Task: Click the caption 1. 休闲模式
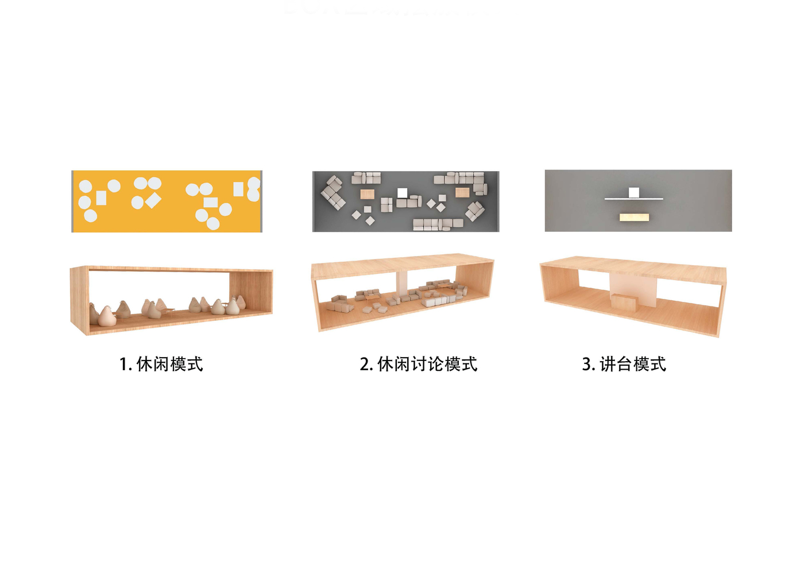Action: click(161, 364)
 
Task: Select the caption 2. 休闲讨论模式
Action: click(418, 364)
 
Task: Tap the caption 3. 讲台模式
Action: click(624, 364)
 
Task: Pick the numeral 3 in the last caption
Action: click(586, 364)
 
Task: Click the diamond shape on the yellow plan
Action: click(153, 200)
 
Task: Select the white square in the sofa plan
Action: click(402, 193)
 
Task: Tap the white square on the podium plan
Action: click(633, 192)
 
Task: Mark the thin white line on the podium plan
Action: click(633, 199)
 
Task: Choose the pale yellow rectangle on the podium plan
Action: click(634, 218)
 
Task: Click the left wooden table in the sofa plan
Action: click(367, 194)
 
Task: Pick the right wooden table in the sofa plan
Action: click(462, 192)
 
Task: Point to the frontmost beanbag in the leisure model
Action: click(107, 316)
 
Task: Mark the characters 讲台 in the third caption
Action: click(616, 364)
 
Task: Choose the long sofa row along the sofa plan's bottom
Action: click(438, 224)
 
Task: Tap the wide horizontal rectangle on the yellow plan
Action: click(210, 202)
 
